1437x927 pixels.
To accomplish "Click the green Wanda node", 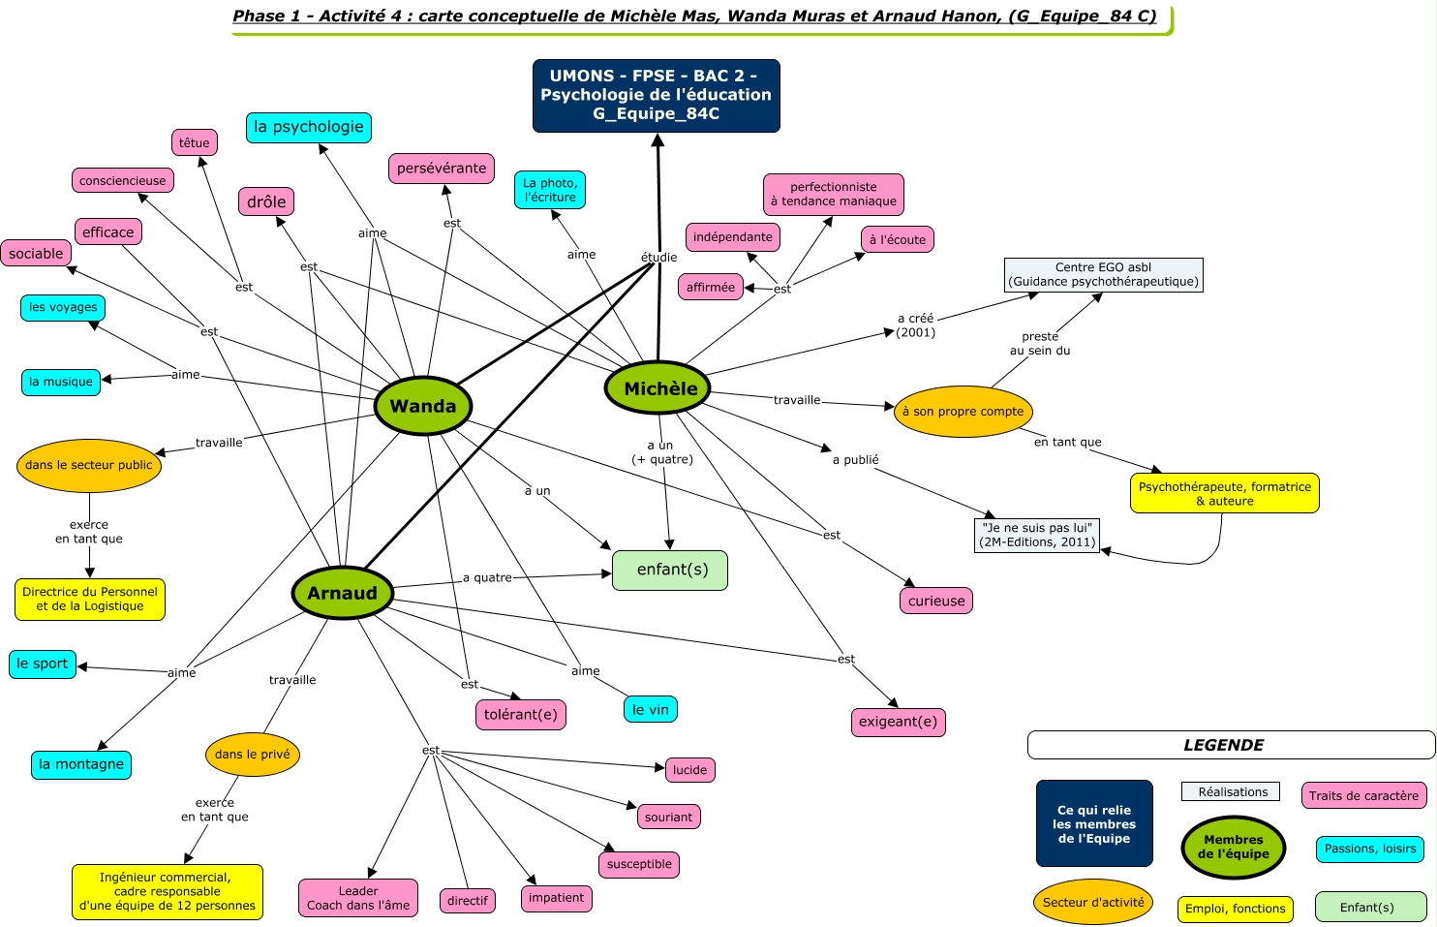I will [x=423, y=406].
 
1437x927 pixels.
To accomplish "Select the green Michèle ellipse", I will [x=658, y=388].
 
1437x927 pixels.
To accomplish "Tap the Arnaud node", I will [x=343, y=593].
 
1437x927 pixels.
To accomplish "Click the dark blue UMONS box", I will [x=657, y=95].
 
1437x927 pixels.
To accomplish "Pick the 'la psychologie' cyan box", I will [x=309, y=127].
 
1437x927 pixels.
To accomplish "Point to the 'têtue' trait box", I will [x=195, y=142].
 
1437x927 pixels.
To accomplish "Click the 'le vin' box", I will [x=650, y=710].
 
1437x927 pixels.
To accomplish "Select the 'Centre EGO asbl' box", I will [x=1103, y=274].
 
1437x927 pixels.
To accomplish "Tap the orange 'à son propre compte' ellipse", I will [x=963, y=412].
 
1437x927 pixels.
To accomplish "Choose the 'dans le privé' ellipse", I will [x=253, y=755].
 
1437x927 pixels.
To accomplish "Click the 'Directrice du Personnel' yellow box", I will [x=90, y=599].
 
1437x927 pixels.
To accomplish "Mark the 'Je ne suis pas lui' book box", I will [x=1037, y=535].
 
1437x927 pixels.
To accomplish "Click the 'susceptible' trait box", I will [x=639, y=864].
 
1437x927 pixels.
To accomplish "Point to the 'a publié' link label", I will [x=856, y=460].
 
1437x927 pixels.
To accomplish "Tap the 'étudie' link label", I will [x=659, y=257].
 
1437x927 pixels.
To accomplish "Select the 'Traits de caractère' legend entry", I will [x=1363, y=795].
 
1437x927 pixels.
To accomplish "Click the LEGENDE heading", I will [x=1224, y=745].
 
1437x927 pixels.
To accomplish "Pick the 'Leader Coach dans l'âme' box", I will [x=358, y=898].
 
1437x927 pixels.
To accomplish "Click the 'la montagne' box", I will [x=81, y=764].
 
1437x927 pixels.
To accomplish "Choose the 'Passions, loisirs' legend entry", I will [x=1370, y=849].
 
